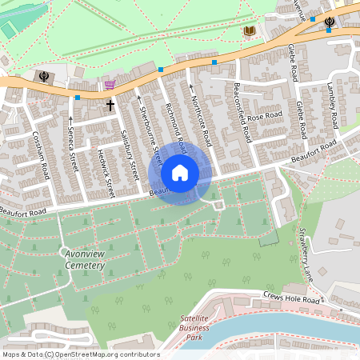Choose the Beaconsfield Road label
point(242,112)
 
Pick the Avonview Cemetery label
point(84,258)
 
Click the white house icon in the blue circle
point(180,172)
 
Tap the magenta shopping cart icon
point(110,84)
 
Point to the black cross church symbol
point(110,104)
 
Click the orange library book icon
point(250,31)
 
